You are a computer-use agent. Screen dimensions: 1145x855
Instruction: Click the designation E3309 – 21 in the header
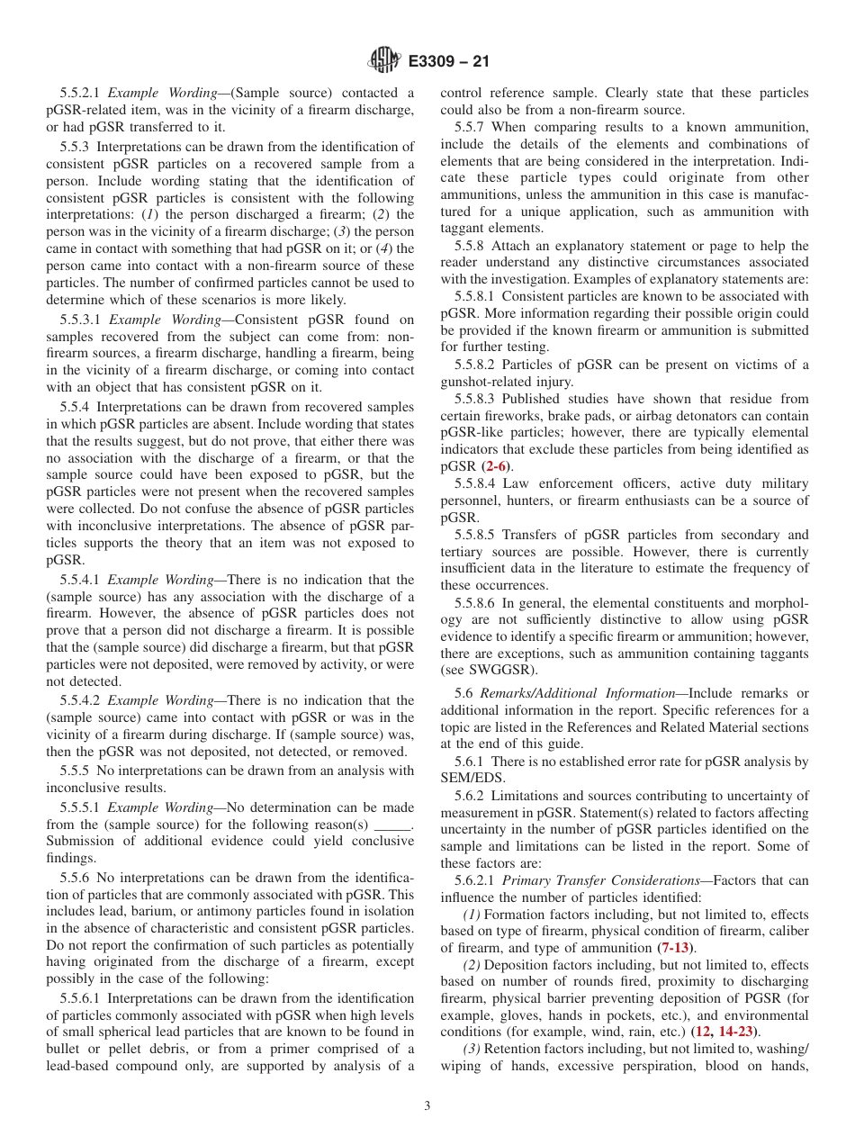448,62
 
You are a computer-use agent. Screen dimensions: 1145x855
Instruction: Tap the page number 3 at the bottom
427,1106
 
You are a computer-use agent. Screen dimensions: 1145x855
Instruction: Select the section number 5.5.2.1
81,93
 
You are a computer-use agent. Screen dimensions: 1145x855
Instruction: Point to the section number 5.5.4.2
81,700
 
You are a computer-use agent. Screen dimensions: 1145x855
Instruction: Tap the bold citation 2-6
497,466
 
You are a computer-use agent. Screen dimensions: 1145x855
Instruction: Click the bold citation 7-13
677,948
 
